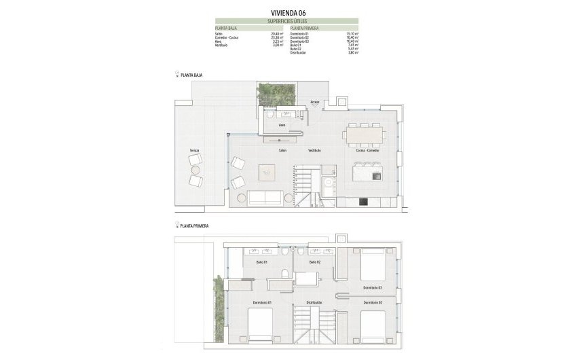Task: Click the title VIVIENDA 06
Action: click(288, 11)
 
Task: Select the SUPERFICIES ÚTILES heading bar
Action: click(288, 22)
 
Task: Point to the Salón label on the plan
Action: click(282, 150)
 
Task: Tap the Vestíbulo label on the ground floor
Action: click(314, 150)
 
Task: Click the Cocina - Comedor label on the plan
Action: click(367, 150)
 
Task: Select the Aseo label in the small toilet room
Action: click(282, 126)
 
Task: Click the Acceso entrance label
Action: click(315, 103)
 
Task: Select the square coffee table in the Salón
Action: click(267, 173)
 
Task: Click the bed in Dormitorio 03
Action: click(372, 264)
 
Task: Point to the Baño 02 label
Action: click(314, 262)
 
